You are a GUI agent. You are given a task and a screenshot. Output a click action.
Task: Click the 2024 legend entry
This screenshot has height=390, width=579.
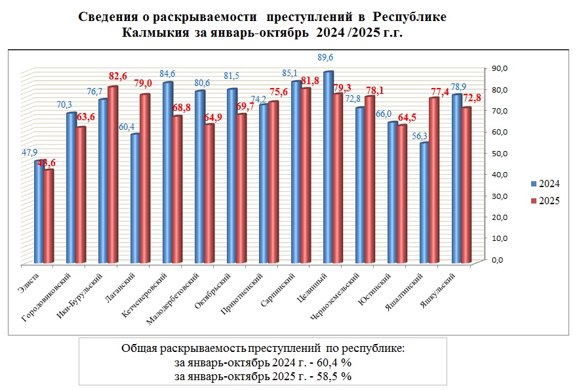coord(545,183)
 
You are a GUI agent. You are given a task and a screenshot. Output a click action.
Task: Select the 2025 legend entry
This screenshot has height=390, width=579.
coord(545,202)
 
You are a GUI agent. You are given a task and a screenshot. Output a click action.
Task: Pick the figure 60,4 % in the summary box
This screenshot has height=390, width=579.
coord(328,362)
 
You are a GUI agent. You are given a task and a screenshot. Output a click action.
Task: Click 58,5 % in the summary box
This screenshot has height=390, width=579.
coord(328,376)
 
